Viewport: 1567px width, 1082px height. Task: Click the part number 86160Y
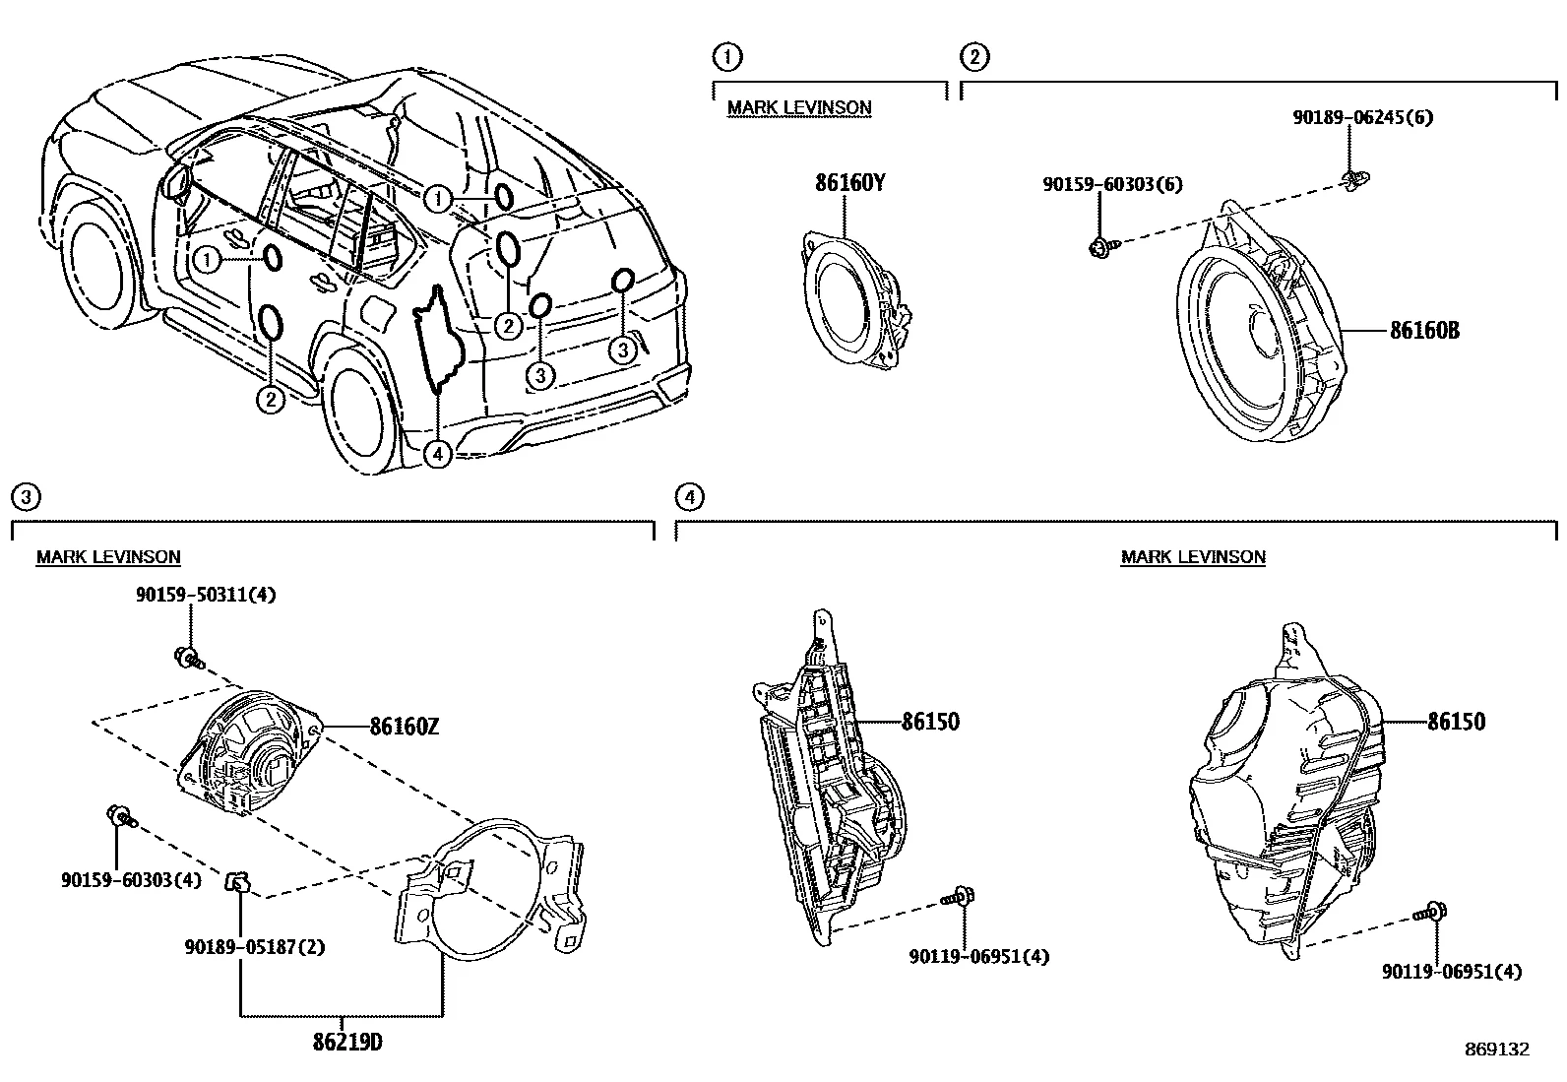tap(849, 183)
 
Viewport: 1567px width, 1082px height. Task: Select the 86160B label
tap(1423, 331)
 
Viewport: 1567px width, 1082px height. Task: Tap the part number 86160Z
tap(404, 728)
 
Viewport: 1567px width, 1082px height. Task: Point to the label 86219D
tap(341, 1041)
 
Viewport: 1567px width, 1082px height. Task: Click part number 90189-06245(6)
tap(1362, 118)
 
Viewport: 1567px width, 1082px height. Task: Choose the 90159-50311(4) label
tap(206, 596)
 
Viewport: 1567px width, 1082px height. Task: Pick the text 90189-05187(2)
tap(254, 947)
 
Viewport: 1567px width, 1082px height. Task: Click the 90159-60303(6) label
tap(1113, 184)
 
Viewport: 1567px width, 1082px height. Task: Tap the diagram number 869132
tap(1496, 1050)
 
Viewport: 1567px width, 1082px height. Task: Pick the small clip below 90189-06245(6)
tap(1354, 178)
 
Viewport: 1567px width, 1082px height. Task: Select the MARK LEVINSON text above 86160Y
tap(799, 107)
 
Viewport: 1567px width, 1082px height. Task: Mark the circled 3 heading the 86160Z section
tap(26, 497)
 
